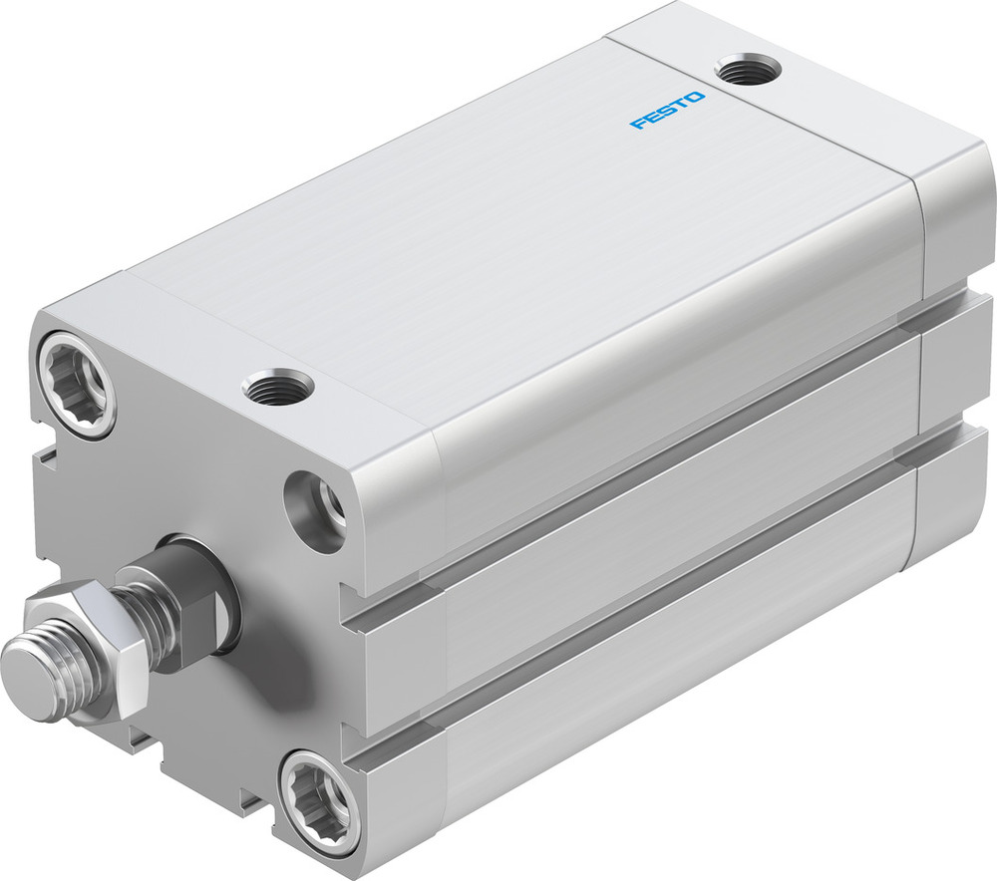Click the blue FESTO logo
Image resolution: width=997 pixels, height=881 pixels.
[667, 110]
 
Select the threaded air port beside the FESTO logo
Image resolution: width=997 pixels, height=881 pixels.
[750, 71]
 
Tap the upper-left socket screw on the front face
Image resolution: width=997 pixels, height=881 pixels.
[77, 384]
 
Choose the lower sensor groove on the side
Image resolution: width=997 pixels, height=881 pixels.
[648, 558]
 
